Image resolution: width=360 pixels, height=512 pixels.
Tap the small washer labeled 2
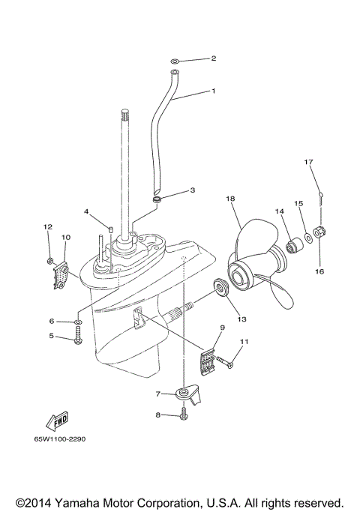click(x=174, y=58)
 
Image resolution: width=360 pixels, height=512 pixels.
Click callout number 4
click(x=87, y=212)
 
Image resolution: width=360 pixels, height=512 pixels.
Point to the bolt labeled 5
click(x=78, y=339)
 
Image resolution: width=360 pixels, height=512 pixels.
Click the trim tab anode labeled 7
click(x=183, y=393)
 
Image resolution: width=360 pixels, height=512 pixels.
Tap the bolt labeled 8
click(x=184, y=415)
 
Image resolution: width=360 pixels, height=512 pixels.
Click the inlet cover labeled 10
click(x=60, y=275)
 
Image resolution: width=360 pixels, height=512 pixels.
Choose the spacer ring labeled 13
click(x=222, y=287)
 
